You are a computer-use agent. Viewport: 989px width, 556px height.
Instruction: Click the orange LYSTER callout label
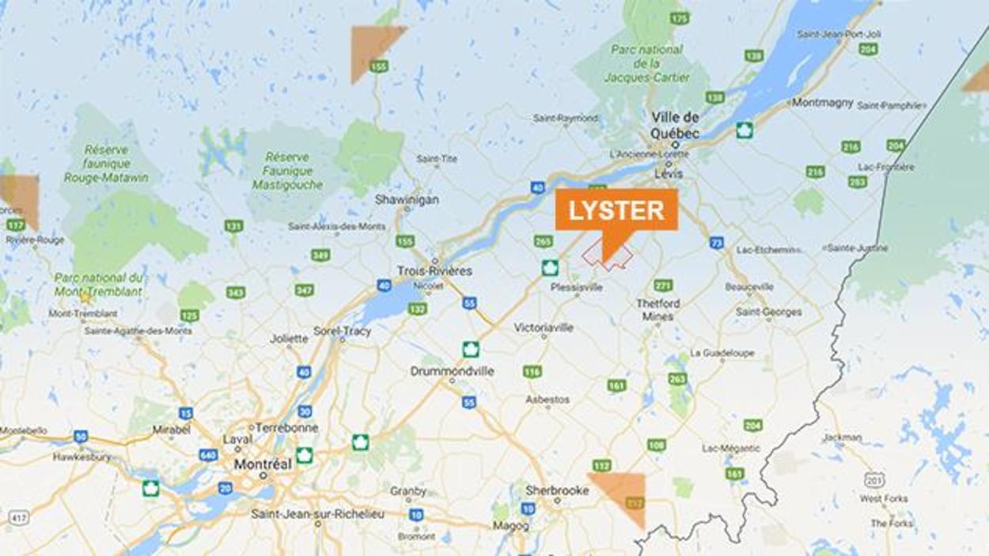616,210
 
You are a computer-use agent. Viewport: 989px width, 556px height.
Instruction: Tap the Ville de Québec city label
675,126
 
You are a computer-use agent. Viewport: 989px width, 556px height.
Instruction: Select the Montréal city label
263,464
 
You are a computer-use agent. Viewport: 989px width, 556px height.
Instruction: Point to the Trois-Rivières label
434,270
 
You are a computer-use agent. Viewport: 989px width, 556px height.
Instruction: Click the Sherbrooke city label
557,490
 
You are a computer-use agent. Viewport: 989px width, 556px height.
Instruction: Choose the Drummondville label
452,371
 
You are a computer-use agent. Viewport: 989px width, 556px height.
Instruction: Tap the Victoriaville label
544,327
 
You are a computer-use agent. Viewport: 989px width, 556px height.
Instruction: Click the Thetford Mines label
657,309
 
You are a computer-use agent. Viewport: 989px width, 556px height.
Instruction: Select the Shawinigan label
407,199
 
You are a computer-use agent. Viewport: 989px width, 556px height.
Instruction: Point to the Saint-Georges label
768,312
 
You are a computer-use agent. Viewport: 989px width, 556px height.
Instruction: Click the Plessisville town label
576,287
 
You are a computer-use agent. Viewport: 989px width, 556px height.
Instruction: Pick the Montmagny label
822,102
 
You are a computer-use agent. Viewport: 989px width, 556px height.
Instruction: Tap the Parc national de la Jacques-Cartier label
646,63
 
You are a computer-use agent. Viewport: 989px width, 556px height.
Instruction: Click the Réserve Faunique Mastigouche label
287,171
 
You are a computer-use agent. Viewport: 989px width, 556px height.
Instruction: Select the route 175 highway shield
679,17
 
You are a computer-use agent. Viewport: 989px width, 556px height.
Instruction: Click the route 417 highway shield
19,516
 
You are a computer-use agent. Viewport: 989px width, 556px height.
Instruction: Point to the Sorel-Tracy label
342,331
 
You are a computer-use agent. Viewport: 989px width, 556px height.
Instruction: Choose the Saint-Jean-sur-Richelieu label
317,514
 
